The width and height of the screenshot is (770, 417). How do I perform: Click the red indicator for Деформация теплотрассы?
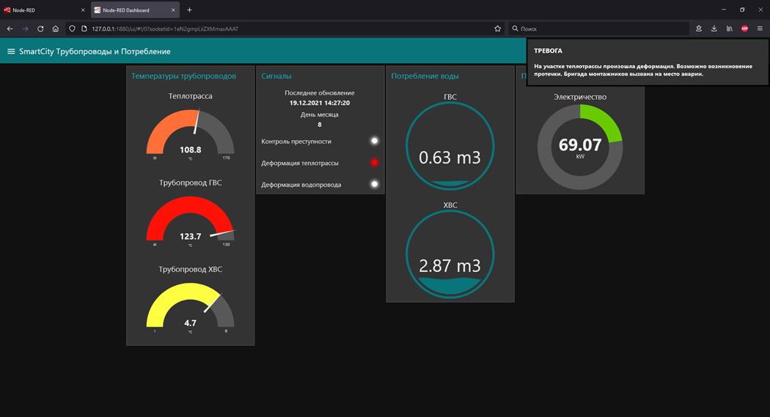click(374, 163)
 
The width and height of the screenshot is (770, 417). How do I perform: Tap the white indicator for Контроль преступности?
click(374, 141)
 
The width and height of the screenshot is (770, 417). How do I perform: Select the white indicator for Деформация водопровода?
click(374, 184)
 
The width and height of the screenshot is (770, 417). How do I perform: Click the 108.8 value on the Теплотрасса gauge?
click(190, 150)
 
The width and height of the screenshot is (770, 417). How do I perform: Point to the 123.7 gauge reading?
click(190, 236)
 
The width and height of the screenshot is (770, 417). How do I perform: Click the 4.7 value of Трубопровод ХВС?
click(190, 322)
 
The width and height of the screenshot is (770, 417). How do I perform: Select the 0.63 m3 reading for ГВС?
click(450, 157)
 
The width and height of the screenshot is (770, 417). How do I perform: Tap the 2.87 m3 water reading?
click(450, 265)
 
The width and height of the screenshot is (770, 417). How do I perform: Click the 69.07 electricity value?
click(580, 145)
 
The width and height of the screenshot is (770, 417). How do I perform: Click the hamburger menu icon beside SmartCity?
click(11, 51)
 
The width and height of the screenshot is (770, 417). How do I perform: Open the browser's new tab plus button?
click(189, 10)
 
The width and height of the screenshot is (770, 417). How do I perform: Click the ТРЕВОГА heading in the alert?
click(548, 51)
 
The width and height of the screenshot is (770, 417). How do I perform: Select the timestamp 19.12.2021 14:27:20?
click(319, 103)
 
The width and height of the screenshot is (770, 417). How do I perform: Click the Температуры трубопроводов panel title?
click(183, 76)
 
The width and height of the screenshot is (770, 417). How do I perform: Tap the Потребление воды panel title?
click(425, 76)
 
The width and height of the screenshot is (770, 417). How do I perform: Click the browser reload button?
click(40, 29)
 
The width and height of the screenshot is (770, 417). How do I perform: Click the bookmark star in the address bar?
click(497, 29)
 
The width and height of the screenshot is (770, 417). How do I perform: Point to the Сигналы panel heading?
click(276, 76)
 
